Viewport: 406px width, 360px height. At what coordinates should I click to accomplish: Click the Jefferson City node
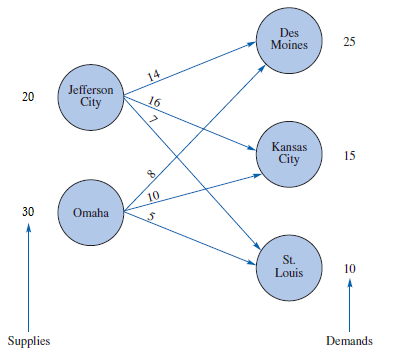[91, 96]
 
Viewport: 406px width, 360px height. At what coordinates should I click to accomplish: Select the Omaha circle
[91, 212]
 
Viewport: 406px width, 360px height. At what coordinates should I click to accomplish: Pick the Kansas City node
[289, 154]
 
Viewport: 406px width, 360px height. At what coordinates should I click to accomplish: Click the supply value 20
[28, 97]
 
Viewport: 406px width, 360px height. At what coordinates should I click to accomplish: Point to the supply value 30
[28, 212]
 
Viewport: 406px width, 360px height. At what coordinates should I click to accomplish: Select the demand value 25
[349, 42]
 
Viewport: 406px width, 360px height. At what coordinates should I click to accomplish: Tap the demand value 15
[349, 156]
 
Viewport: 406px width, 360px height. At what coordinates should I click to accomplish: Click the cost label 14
[153, 77]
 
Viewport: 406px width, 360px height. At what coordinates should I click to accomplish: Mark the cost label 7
[152, 120]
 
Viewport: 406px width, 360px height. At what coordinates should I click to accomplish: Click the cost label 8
[152, 175]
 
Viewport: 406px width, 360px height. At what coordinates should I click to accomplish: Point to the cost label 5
[150, 217]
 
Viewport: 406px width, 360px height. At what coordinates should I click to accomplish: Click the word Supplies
[28, 341]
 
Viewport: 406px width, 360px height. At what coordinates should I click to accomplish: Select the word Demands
[349, 341]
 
